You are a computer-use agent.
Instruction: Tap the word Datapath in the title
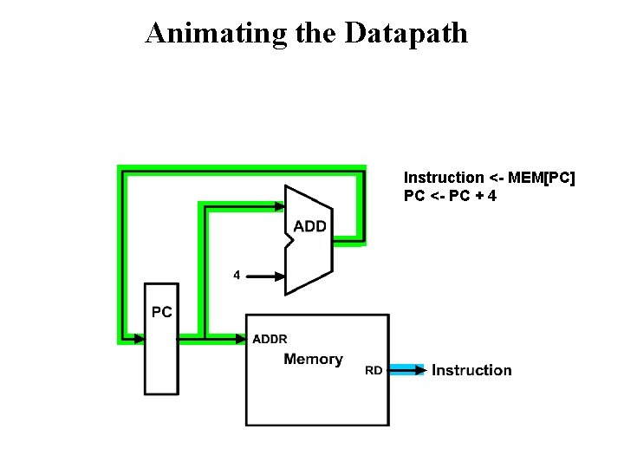(406, 33)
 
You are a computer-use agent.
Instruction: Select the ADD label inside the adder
(310, 226)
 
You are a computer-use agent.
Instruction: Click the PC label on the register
(162, 312)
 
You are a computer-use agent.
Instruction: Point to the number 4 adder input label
(237, 276)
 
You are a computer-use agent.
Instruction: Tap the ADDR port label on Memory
(270, 339)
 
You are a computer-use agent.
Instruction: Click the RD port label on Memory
(374, 371)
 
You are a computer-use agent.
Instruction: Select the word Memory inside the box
(313, 359)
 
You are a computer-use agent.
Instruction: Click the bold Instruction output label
(471, 370)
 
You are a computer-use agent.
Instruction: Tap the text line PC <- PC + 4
(450, 196)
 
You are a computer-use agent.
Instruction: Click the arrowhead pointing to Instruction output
(420, 370)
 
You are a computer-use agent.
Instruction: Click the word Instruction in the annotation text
(444, 178)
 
